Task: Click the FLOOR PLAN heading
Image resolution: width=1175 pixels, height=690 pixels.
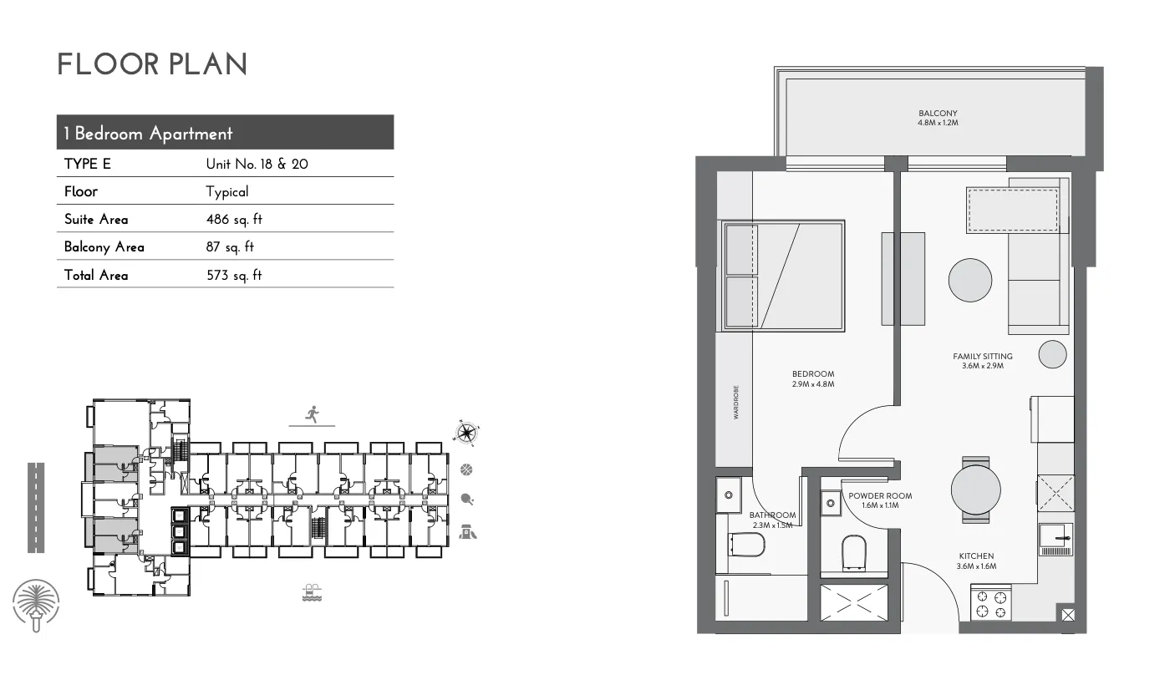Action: [152, 64]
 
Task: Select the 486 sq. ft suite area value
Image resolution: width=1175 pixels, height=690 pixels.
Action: [234, 219]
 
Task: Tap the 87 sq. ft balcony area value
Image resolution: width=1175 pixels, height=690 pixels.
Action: [230, 247]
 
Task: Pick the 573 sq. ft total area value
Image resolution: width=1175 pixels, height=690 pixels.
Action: [234, 275]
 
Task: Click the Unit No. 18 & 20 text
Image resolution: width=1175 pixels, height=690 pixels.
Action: [257, 164]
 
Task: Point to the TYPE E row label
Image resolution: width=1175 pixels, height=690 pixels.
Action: [88, 164]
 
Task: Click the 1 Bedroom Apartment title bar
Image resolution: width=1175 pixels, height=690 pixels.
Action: [225, 132]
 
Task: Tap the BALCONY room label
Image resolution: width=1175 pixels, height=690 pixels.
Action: [938, 114]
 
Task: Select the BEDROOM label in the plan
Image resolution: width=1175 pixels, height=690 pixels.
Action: [813, 374]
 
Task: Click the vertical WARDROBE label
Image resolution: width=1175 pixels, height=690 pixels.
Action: [736, 402]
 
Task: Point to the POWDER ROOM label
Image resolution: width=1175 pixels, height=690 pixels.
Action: [880, 495]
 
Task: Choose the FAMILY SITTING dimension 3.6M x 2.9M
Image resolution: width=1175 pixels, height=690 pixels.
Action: [983, 366]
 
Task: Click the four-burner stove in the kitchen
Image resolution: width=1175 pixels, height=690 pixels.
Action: [991, 604]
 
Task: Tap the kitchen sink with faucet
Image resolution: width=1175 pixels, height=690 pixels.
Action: [1056, 540]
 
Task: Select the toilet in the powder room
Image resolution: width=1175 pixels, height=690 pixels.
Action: [854, 553]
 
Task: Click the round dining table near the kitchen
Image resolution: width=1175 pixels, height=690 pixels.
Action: [975, 490]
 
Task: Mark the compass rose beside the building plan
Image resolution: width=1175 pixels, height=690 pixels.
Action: [465, 433]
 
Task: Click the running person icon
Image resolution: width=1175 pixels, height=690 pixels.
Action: [313, 414]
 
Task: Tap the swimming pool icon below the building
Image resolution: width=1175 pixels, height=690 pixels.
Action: [312, 593]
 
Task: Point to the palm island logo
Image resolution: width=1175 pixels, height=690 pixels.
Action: [36, 605]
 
